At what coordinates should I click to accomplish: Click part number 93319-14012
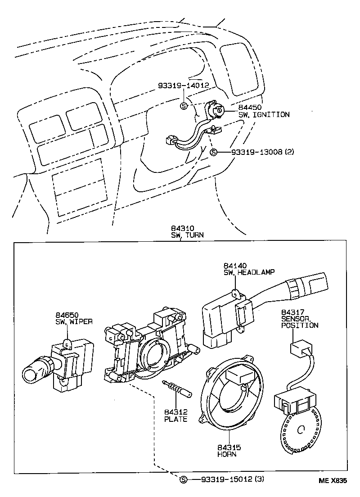tap(183, 85)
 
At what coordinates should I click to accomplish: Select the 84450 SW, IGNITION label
tap(263, 111)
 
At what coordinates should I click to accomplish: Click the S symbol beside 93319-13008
tap(214, 153)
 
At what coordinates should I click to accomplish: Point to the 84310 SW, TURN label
tap(187, 232)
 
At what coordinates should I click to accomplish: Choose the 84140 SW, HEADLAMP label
tap(249, 269)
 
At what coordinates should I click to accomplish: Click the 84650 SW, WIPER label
tap(74, 318)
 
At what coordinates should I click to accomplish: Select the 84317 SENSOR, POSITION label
tap(299, 319)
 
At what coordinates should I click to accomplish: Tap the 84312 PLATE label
tap(175, 416)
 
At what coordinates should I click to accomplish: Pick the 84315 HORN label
tap(228, 451)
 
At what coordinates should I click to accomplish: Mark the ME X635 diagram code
tap(333, 480)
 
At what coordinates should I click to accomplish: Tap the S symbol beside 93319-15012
tap(183, 479)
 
